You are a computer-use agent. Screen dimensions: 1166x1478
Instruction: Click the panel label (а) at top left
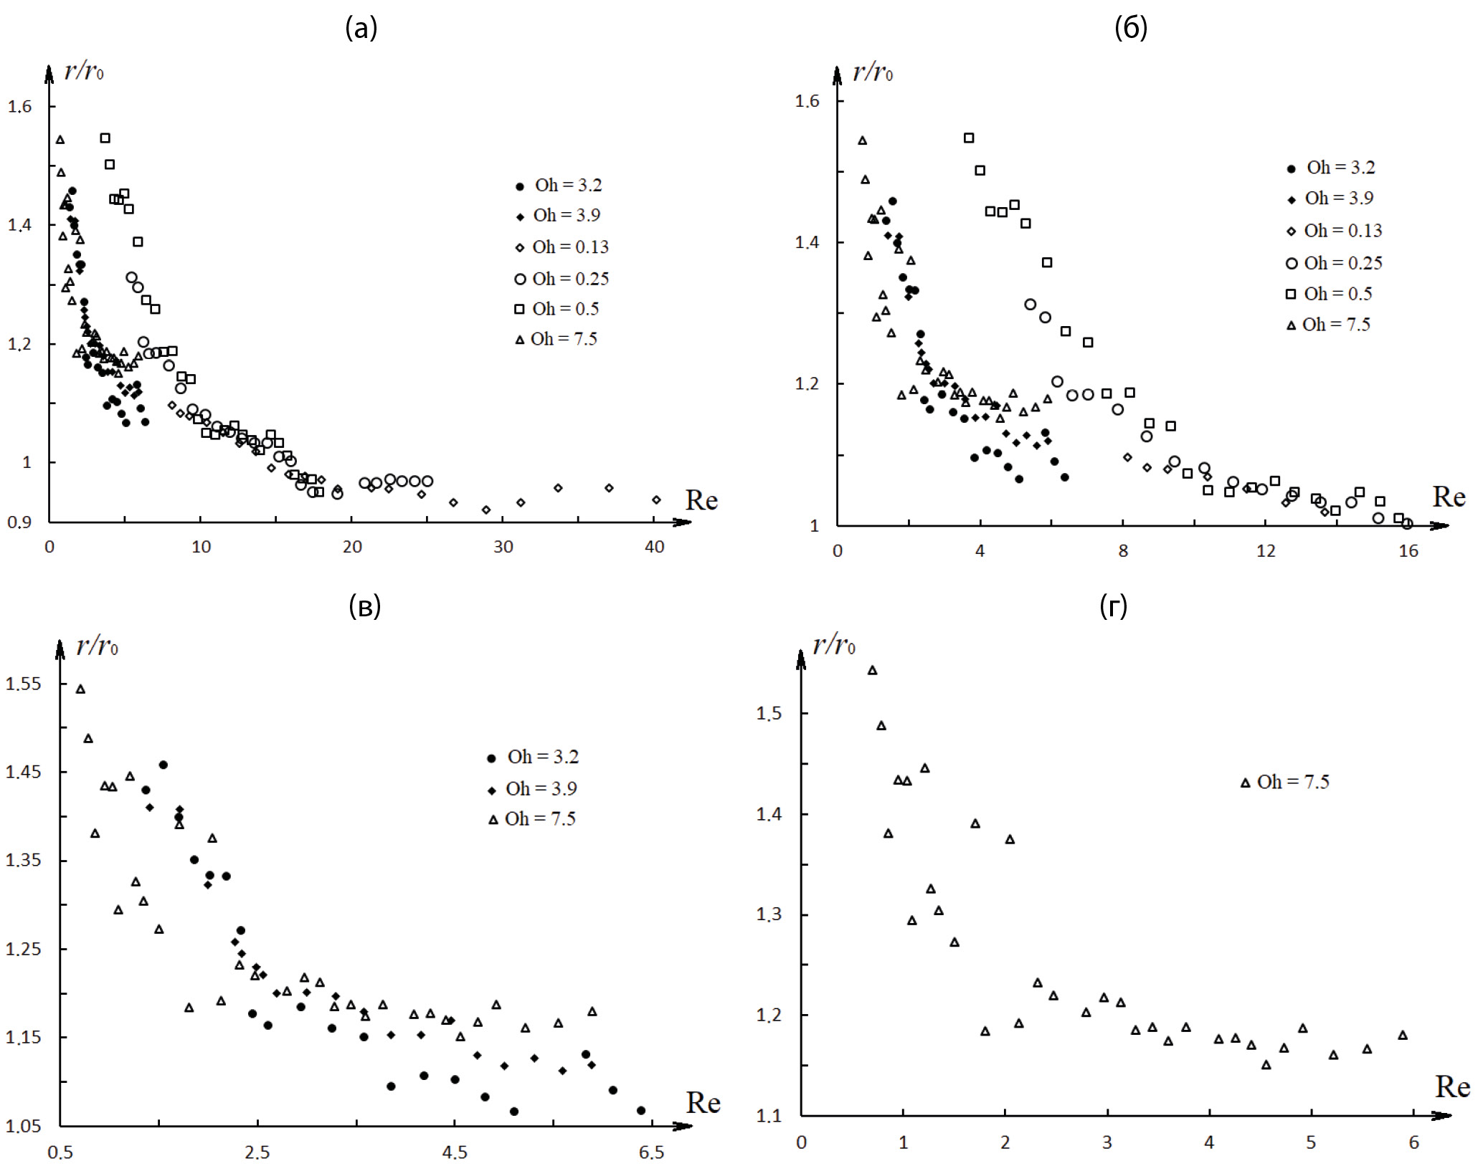click(361, 28)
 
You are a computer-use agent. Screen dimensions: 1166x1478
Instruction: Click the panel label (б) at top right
click(1130, 28)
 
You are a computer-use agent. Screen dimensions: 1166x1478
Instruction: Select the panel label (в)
click(364, 606)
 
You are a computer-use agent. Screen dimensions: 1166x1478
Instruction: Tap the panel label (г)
click(1113, 606)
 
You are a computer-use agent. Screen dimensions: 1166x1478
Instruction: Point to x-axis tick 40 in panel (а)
click(654, 548)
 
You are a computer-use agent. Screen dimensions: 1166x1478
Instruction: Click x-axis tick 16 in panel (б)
click(1408, 551)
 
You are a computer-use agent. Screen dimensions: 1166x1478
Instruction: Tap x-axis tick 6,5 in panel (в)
click(650, 1152)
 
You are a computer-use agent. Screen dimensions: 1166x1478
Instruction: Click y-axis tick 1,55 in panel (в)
click(24, 684)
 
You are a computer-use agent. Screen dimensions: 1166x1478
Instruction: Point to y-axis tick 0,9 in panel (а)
click(19, 522)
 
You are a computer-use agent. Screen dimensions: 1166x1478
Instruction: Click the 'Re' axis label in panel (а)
click(701, 500)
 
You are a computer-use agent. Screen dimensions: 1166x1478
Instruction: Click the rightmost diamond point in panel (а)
click(656, 500)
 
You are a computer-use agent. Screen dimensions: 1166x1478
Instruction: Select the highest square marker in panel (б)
click(969, 138)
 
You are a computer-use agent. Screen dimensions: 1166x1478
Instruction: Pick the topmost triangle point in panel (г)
click(873, 670)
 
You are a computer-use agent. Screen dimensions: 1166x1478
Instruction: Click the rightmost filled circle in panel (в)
click(641, 1111)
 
